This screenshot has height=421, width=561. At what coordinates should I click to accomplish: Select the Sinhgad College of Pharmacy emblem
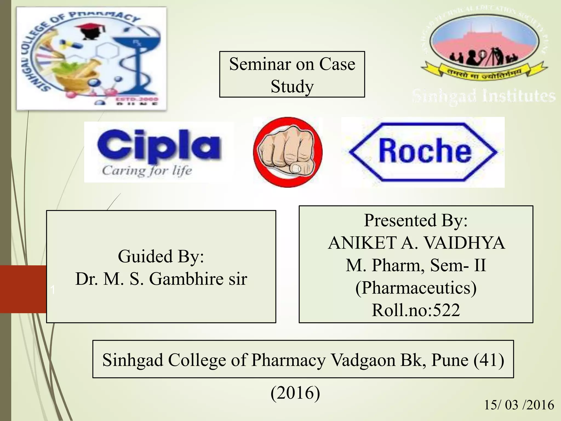pyautogui.click(x=91, y=58)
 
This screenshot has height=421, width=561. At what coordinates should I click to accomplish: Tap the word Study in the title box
pyautogui.click(x=292, y=86)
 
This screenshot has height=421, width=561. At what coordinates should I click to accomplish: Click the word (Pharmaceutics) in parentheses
pyautogui.click(x=416, y=288)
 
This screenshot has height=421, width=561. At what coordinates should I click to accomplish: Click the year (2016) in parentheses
pyautogui.click(x=295, y=392)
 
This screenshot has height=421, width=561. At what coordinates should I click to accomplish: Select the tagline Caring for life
pyautogui.click(x=147, y=170)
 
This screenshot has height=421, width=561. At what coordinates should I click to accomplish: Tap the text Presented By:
pyautogui.click(x=416, y=220)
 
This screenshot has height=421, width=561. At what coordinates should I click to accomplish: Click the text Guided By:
pyautogui.click(x=161, y=256)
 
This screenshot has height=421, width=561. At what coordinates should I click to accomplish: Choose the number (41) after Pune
pyautogui.click(x=489, y=360)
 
